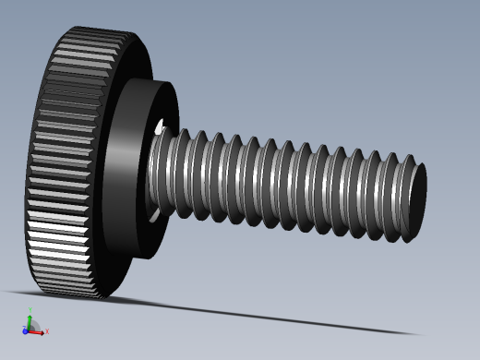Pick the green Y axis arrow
click(30, 319)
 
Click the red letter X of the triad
click(47, 331)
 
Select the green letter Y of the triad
click(30, 311)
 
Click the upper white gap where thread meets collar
click(160, 126)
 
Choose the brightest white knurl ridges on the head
click(55, 231)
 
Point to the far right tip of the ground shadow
click(420, 334)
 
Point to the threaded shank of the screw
click(286, 185)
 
